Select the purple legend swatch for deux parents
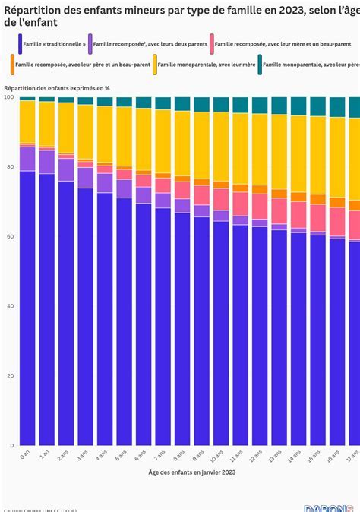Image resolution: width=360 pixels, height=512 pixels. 90,44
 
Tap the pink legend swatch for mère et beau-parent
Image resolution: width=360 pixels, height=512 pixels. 212,44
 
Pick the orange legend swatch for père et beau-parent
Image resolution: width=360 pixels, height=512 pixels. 14,66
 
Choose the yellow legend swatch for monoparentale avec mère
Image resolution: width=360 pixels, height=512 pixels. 155,66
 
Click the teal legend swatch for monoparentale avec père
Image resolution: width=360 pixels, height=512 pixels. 259,66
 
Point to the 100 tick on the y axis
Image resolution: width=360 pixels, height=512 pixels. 8,97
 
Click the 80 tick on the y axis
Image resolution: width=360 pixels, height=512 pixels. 8,167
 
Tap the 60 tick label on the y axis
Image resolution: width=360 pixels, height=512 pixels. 8,237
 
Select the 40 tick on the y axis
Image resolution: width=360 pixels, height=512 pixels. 8,306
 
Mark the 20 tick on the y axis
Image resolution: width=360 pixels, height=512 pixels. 8,376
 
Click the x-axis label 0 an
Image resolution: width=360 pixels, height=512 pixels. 26,454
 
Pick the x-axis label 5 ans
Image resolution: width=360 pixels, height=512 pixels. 123,455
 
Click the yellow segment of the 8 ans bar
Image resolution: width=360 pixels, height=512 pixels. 182,144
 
